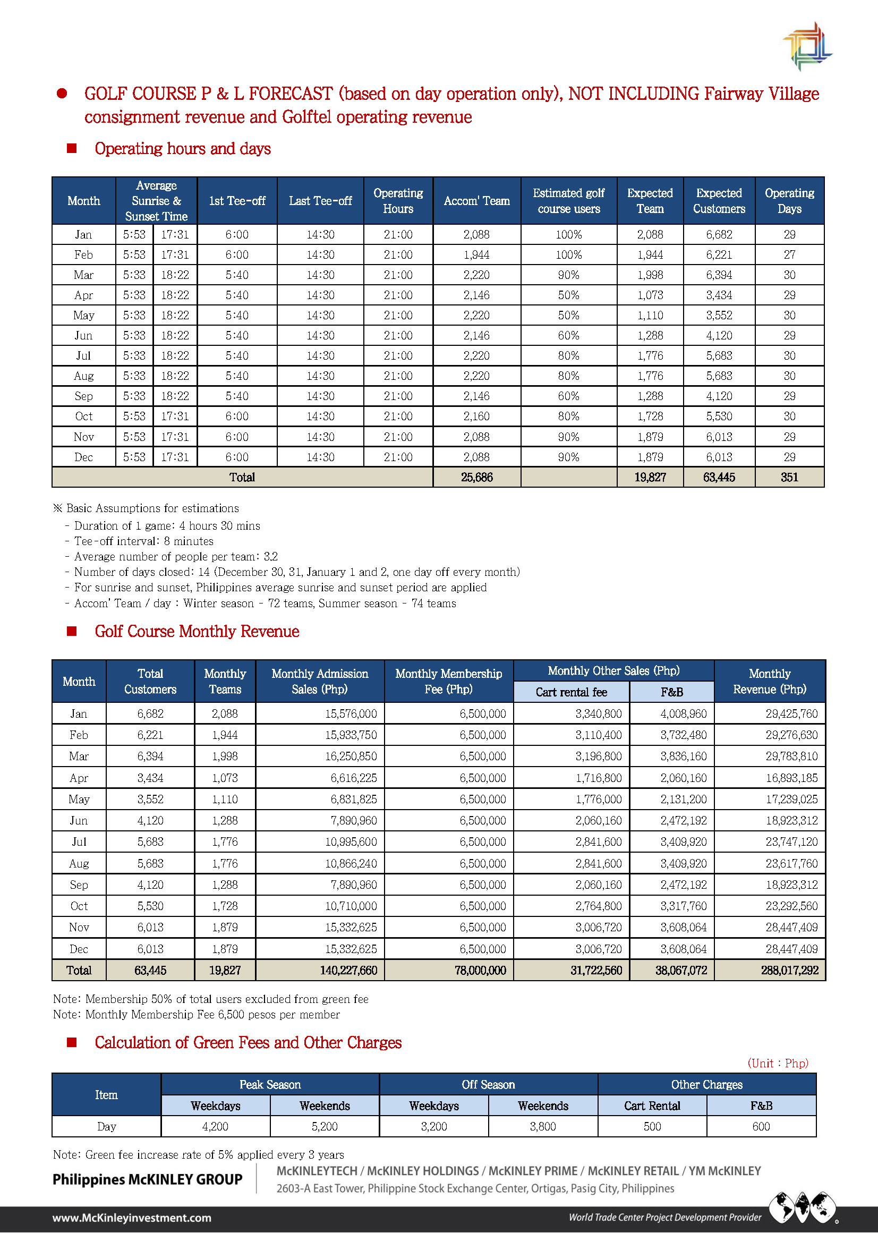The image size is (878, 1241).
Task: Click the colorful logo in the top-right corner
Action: click(x=807, y=47)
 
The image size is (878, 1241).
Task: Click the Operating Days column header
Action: click(x=789, y=201)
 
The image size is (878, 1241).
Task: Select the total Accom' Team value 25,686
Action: click(x=476, y=477)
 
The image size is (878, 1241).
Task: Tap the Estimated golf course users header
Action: click(x=568, y=201)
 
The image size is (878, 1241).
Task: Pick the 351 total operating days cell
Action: click(x=789, y=477)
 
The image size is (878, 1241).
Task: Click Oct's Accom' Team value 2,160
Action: click(x=476, y=416)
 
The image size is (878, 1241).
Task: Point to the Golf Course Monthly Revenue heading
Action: click(x=197, y=631)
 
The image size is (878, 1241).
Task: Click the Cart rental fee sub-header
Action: click(x=571, y=692)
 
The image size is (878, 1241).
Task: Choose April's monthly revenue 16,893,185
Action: click(x=791, y=778)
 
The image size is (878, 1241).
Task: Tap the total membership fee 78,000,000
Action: click(x=480, y=970)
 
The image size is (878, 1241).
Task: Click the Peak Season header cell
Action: click(x=270, y=1084)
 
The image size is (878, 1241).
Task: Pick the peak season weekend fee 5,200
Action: click(x=325, y=1126)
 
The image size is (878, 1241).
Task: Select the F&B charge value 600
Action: click(x=761, y=1126)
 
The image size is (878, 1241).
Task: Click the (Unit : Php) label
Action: click(x=778, y=1063)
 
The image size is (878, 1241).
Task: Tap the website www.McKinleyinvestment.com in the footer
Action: click(x=131, y=1217)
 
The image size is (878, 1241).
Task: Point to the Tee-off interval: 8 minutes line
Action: click(x=143, y=541)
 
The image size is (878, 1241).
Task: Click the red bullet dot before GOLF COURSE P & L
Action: click(x=62, y=93)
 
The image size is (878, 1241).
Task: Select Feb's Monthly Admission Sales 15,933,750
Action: click(x=351, y=735)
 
